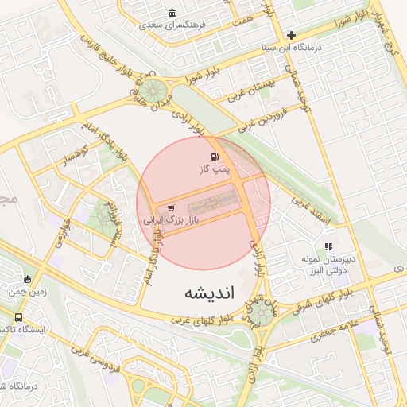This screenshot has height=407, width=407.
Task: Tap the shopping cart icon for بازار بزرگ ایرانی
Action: pyautogui.click(x=171, y=208)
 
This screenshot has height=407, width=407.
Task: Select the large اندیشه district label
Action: pyautogui.click(x=211, y=292)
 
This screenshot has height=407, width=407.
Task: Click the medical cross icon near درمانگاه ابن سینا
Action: pyautogui.click(x=292, y=35)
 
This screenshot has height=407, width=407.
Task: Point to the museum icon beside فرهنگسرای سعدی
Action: pyautogui.click(x=172, y=13)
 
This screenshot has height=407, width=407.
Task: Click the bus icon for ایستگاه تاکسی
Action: pyautogui.click(x=18, y=317)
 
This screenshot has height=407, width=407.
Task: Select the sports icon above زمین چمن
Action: pyautogui.click(x=28, y=280)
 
